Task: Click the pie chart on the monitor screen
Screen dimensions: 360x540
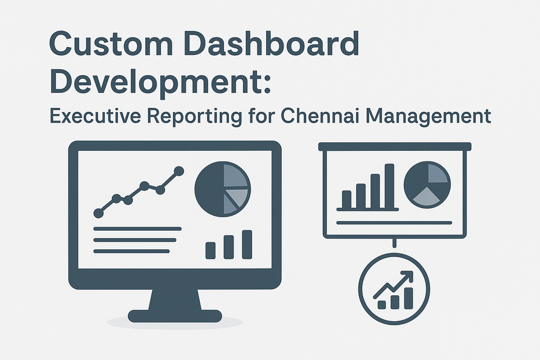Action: pyautogui.click(x=222, y=189)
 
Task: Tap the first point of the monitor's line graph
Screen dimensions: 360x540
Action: pyautogui.click(x=99, y=213)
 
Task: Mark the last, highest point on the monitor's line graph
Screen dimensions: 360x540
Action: pyautogui.click(x=179, y=170)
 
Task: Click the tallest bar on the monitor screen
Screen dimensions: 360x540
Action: pyautogui.click(x=246, y=244)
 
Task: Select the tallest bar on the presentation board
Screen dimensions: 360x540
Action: pyautogui.click(x=390, y=186)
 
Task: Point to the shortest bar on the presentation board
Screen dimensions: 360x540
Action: pyautogui.click(x=346, y=199)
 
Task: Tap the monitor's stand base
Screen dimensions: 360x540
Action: pyautogui.click(x=174, y=316)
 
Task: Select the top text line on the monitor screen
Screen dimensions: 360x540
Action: pyautogui.click(x=137, y=229)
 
